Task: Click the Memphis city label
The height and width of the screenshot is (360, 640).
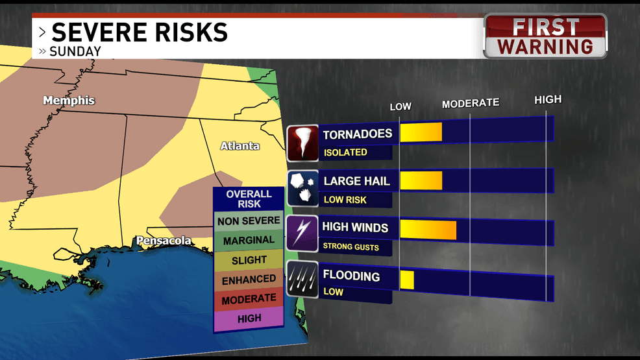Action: pyautogui.click(x=69, y=101)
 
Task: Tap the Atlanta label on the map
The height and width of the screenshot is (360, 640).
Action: pyautogui.click(x=240, y=146)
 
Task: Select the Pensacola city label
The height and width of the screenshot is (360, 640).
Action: pyautogui.click(x=164, y=241)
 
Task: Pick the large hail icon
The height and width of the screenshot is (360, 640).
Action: pyautogui.click(x=302, y=188)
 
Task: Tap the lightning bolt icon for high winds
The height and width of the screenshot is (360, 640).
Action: pyautogui.click(x=302, y=234)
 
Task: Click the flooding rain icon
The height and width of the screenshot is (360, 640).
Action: pyautogui.click(x=302, y=280)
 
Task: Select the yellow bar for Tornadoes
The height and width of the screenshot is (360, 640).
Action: pyautogui.click(x=421, y=132)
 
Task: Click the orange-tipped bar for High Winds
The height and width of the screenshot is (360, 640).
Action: pyautogui.click(x=428, y=230)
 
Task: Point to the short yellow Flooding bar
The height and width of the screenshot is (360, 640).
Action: pyautogui.click(x=407, y=280)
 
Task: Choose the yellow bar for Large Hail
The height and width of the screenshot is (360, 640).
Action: pyautogui.click(x=421, y=180)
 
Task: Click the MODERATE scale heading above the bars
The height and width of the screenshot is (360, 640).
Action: pyautogui.click(x=471, y=103)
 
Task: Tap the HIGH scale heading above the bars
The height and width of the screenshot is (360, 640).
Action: pyautogui.click(x=548, y=100)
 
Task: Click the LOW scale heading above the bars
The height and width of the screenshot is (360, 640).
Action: pyautogui.click(x=400, y=106)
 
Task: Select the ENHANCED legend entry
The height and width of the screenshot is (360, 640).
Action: pyautogui.click(x=249, y=280)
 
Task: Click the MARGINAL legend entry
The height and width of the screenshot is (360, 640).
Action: pyautogui.click(x=249, y=241)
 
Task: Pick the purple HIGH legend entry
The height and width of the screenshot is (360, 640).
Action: pyautogui.click(x=249, y=318)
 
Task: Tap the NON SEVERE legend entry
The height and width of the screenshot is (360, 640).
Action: pyautogui.click(x=249, y=221)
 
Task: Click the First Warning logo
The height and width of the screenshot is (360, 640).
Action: pyautogui.click(x=545, y=36)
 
